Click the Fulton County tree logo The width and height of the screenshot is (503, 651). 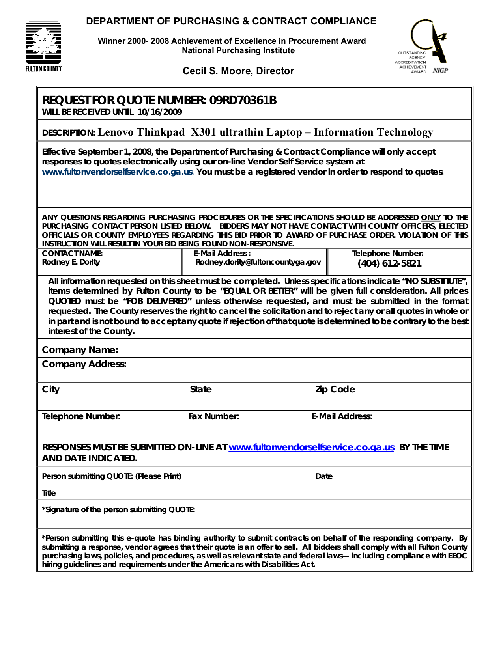pos(43,47)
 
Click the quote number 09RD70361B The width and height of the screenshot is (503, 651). pos(243,101)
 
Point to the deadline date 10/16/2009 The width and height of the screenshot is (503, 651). pos(160,112)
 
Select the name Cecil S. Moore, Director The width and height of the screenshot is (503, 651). pos(238,71)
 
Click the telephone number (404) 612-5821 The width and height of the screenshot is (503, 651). pos(389,263)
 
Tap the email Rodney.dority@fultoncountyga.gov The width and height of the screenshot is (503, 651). pos(258,262)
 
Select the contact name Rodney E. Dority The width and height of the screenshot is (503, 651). pos(71,262)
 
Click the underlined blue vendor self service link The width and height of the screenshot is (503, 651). pos(311,447)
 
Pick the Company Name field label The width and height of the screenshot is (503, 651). pos(80,350)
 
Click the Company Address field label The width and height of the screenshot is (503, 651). pos(84,364)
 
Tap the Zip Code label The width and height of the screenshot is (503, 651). pos(335,390)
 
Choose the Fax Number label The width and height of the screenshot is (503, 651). pos(213,416)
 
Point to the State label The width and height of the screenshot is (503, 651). pos(201,390)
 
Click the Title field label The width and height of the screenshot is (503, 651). pos(49,493)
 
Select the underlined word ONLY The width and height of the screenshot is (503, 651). pos(431,217)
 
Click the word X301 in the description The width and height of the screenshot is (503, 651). pos(204,132)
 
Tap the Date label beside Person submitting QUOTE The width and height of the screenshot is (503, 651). pos(324,476)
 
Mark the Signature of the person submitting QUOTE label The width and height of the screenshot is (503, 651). pos(118,510)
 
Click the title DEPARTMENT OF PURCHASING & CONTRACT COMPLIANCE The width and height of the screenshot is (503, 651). pos(231,21)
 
